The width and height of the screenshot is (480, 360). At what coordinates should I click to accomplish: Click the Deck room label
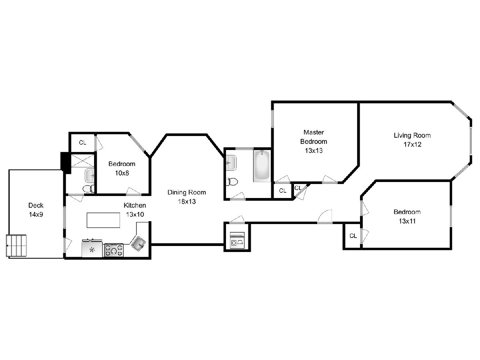pos(36,205)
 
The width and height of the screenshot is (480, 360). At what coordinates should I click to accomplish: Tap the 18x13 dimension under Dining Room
pos(186,201)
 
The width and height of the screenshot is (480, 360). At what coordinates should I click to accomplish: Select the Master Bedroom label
pos(314,137)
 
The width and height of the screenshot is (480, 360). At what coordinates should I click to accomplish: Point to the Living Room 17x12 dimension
pos(412,144)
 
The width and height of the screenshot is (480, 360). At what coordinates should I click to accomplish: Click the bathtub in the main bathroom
pos(262,166)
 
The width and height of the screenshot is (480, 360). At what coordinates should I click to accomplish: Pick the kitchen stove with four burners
pos(114,250)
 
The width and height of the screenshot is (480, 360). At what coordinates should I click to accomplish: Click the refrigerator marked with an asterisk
pos(92,248)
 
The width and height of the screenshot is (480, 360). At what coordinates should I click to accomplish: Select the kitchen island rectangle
pos(103,220)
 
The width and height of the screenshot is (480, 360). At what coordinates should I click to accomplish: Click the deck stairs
pos(16,246)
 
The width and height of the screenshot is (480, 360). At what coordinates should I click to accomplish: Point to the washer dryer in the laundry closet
pos(237,240)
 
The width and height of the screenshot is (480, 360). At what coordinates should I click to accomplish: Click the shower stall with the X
pos(82,161)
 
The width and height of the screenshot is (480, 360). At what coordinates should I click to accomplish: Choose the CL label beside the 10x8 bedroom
pos(83,143)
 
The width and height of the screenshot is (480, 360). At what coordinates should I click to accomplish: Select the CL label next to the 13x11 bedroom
pos(353,236)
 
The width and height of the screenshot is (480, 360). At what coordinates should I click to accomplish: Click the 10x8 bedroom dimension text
pos(122,173)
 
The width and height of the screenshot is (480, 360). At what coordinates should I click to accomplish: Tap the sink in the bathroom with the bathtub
pos(231,163)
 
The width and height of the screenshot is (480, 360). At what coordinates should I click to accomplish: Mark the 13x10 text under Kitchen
pos(135,214)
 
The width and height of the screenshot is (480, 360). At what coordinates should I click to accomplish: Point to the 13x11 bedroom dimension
pos(407,221)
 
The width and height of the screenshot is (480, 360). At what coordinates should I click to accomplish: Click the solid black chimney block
pos(66,163)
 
